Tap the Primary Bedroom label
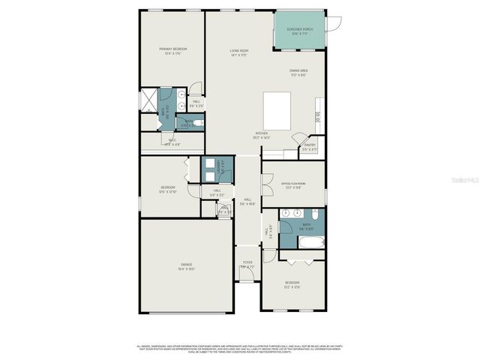[x=172, y=49]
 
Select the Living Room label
[x=239, y=51]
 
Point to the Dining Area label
[x=298, y=70]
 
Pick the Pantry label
[x=309, y=145]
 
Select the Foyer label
[x=247, y=263]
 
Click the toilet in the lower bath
[x=316, y=216]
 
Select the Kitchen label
[x=262, y=134]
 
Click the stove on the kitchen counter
[x=318, y=116]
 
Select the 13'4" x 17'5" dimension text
[x=172, y=53]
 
